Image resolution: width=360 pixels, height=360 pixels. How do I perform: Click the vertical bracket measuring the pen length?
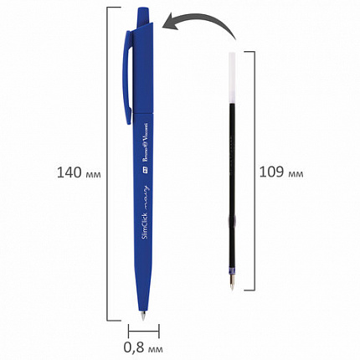coord(108,167)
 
